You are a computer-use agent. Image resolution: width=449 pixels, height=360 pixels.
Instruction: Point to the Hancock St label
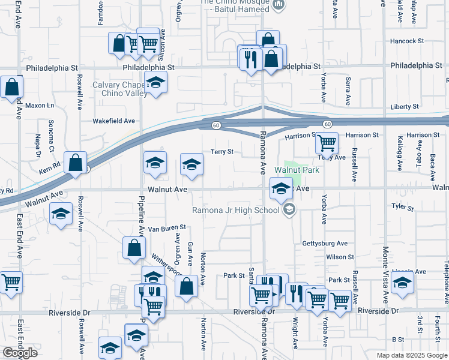click(x=406, y=41)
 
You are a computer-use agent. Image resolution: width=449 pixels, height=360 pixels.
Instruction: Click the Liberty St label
click(x=405, y=107)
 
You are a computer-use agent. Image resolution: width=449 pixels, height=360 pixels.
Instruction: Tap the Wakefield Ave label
click(x=113, y=121)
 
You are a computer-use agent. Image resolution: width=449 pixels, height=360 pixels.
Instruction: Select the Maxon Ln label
click(x=39, y=106)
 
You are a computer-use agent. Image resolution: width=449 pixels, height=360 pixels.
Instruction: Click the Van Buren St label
click(x=167, y=228)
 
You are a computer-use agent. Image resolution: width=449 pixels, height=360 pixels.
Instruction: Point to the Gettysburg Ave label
click(x=325, y=244)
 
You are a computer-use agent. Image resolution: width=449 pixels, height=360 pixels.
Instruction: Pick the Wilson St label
click(x=340, y=257)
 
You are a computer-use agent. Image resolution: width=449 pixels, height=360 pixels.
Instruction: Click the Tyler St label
click(x=402, y=208)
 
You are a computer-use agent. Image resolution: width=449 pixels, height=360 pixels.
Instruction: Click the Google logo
click(x=19, y=353)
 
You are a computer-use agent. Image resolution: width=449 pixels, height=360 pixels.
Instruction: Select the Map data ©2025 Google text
click(x=411, y=355)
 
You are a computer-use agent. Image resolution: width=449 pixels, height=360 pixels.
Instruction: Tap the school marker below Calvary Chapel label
click(x=155, y=84)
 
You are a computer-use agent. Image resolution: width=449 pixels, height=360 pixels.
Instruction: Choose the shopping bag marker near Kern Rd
click(x=75, y=163)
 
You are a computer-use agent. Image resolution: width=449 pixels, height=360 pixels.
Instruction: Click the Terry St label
click(x=221, y=152)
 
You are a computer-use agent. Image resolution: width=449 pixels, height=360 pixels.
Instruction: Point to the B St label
click(x=398, y=340)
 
